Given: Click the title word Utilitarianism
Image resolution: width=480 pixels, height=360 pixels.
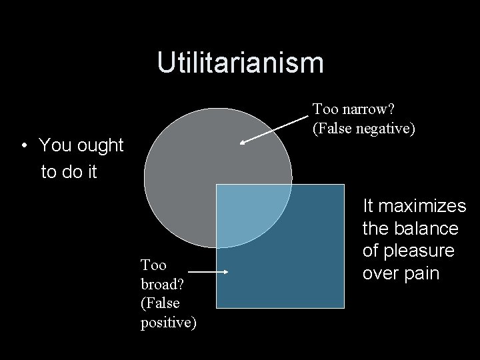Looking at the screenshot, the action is (240, 63).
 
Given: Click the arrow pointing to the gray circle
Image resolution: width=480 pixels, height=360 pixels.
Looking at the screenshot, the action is (274, 129).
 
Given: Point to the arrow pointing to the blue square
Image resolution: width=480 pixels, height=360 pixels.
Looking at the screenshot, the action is (209, 272).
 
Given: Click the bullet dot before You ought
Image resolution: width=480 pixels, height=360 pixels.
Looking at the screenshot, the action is (24, 145).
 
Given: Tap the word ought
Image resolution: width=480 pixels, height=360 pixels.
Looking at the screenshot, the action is (99, 145).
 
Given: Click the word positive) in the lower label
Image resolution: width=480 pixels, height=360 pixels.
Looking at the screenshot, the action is (169, 324).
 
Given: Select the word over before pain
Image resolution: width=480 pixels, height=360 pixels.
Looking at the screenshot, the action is (381, 273).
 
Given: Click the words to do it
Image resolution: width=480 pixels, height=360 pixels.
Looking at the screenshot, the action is (69, 171).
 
